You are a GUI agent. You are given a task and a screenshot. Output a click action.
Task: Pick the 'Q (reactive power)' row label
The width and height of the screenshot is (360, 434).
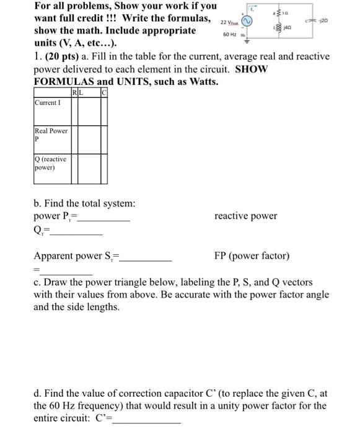coord(50,163)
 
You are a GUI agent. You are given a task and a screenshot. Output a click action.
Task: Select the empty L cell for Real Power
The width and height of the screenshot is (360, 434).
coord(86,138)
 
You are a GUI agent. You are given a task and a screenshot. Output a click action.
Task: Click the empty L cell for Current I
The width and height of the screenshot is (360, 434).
coord(86,108)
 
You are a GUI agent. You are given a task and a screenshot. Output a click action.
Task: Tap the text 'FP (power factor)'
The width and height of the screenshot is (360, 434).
coord(252,255)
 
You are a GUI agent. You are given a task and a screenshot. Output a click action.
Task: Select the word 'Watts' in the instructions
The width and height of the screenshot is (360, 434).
coord(201,81)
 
